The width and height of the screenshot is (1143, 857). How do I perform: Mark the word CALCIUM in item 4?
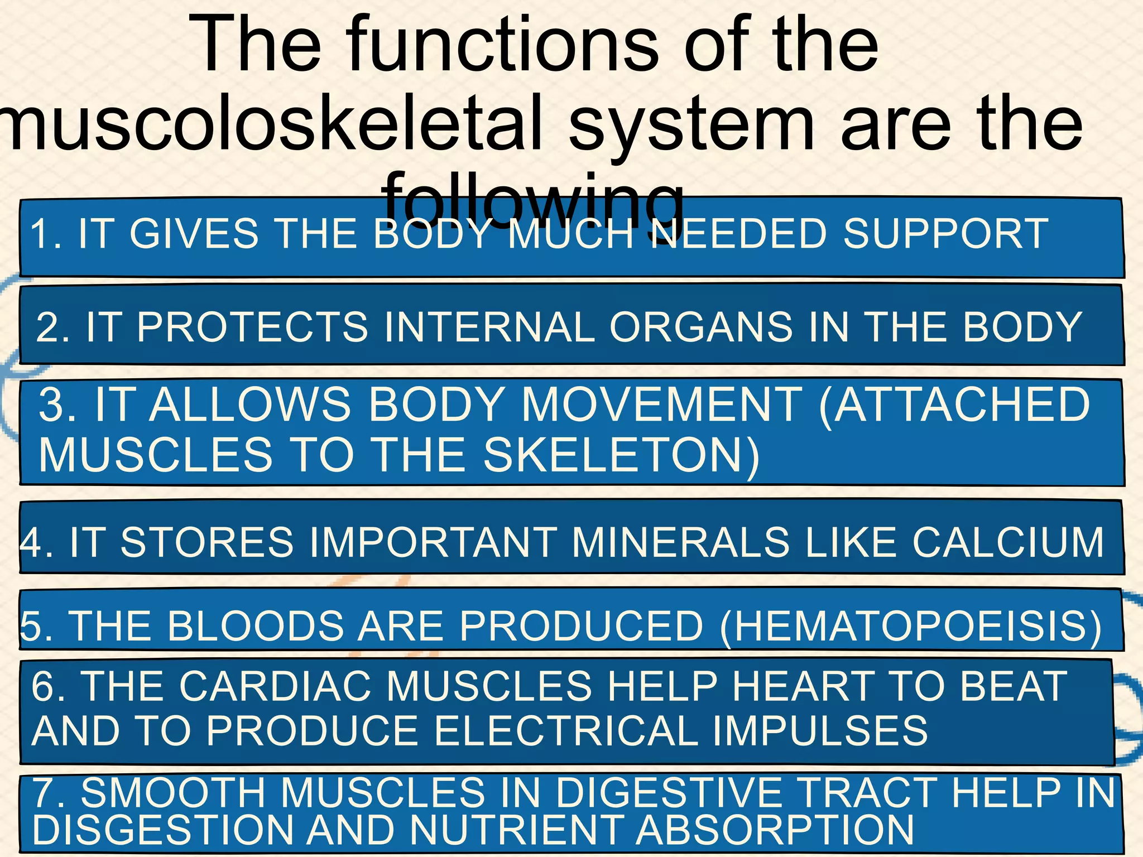(1008, 542)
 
